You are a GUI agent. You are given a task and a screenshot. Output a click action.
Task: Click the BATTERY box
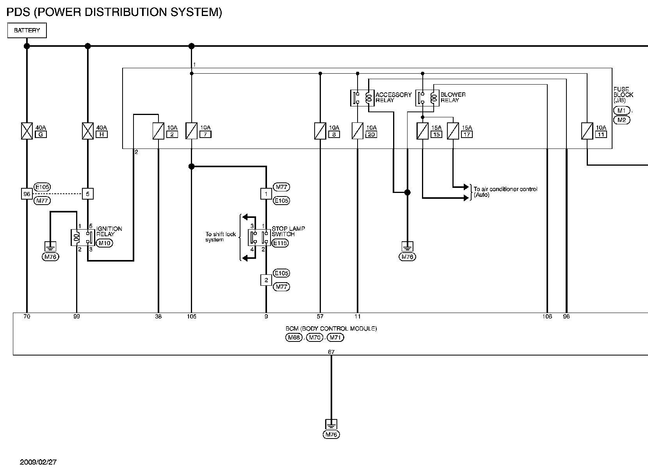[x=27, y=30]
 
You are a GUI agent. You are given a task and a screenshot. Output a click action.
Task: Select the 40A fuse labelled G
[x=27, y=131]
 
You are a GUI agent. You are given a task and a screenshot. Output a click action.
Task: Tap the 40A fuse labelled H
[x=88, y=131]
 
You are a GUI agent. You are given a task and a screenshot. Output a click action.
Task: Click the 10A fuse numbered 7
[x=191, y=131]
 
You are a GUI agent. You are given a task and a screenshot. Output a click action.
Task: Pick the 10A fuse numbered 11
[x=587, y=131]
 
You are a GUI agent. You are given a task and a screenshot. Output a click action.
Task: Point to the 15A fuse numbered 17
[x=453, y=131]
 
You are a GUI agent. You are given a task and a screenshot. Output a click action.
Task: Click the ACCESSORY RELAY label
[x=393, y=97]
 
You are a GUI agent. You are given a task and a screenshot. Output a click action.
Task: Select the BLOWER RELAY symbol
[x=427, y=98]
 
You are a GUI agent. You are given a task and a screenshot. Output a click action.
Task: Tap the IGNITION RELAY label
[x=109, y=232]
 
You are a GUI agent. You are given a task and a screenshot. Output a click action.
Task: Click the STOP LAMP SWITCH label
[x=288, y=232]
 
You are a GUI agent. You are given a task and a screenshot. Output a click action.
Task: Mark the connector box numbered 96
[x=27, y=194]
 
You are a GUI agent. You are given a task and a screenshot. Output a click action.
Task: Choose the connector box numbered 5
[x=88, y=194]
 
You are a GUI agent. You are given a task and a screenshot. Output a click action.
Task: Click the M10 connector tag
[x=105, y=243]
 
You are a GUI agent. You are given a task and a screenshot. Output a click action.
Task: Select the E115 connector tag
[x=280, y=243]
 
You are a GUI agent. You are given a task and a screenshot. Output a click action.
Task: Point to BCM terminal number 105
[x=192, y=317]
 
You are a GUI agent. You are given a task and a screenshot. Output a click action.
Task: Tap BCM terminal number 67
[x=331, y=352]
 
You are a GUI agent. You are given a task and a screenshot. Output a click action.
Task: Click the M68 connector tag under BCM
[x=294, y=338]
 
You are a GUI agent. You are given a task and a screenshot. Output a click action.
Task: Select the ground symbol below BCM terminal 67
[x=331, y=424]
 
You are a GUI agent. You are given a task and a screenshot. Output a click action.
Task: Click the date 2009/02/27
[x=38, y=462]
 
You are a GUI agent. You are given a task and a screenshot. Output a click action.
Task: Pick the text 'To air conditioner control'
[x=506, y=189]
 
